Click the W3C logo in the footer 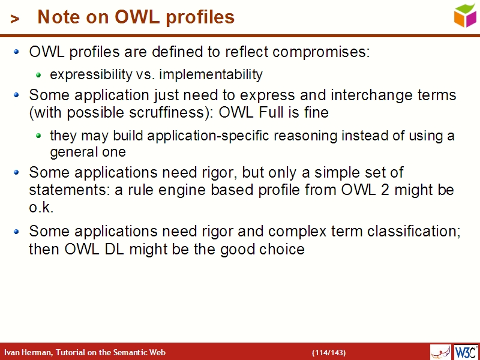point(466,352)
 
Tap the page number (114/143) point(328,352)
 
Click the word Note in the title point(56,17)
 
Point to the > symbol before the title point(15,19)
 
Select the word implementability point(211,75)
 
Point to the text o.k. point(41,208)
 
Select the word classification point(413,231)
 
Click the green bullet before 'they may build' point(39,136)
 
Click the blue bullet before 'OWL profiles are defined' point(17,52)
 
